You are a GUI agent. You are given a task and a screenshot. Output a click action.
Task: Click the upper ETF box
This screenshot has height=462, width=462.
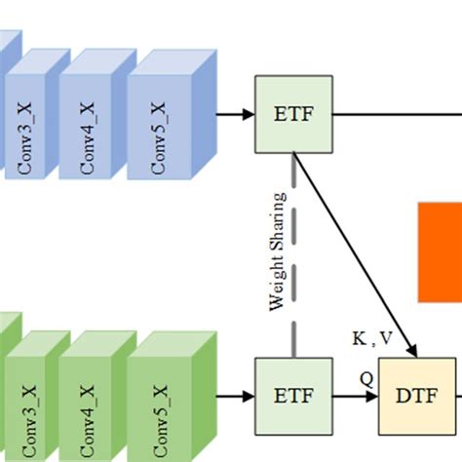(x=293, y=114)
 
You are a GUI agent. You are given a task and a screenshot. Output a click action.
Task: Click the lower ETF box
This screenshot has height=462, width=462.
(x=293, y=397)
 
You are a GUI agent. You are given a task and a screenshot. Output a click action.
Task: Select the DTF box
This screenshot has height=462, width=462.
(x=417, y=397)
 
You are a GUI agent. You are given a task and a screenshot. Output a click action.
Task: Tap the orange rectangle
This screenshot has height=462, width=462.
(x=440, y=251)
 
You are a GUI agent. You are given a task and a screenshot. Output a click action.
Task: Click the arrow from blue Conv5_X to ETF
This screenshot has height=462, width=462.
(x=233, y=114)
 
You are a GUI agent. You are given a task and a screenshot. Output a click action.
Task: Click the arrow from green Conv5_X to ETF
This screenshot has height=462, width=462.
(x=233, y=397)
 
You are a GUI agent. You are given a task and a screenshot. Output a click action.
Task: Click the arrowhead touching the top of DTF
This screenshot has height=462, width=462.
(x=413, y=352)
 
